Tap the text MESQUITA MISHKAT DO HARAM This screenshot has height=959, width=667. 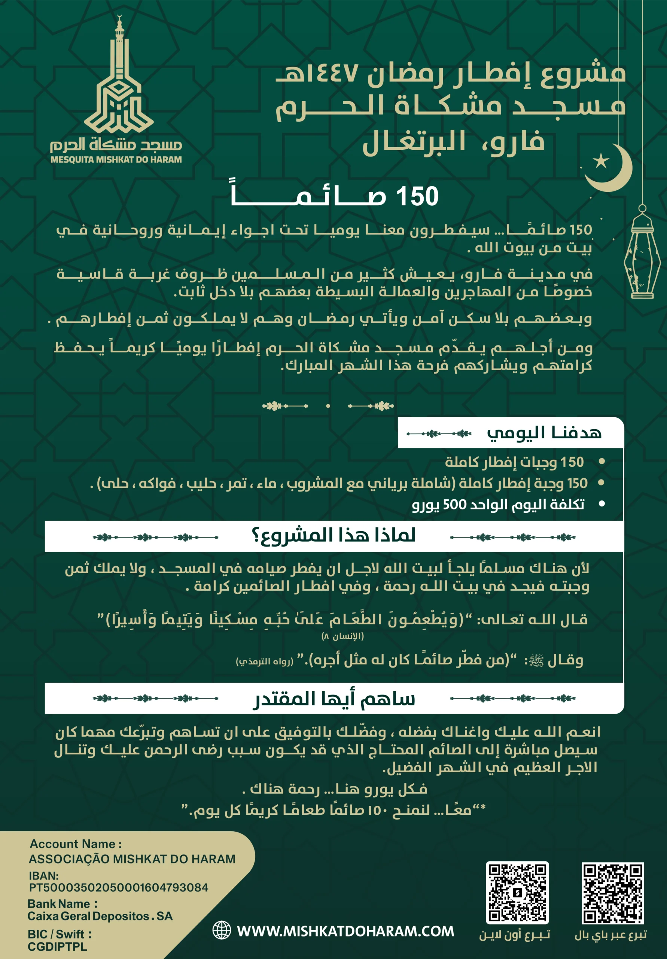coord(116,160)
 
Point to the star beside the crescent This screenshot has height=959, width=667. coord(601,160)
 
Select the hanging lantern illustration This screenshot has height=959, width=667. coord(642,253)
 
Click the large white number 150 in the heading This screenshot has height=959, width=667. coord(417,196)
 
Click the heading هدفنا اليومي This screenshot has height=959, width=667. coord(544,433)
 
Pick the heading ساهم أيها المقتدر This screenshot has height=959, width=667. coord(334,699)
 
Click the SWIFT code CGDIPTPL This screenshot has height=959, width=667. coord(58,947)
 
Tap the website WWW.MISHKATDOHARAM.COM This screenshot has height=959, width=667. coord(345,931)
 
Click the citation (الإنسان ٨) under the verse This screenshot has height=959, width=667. coord(342,636)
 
